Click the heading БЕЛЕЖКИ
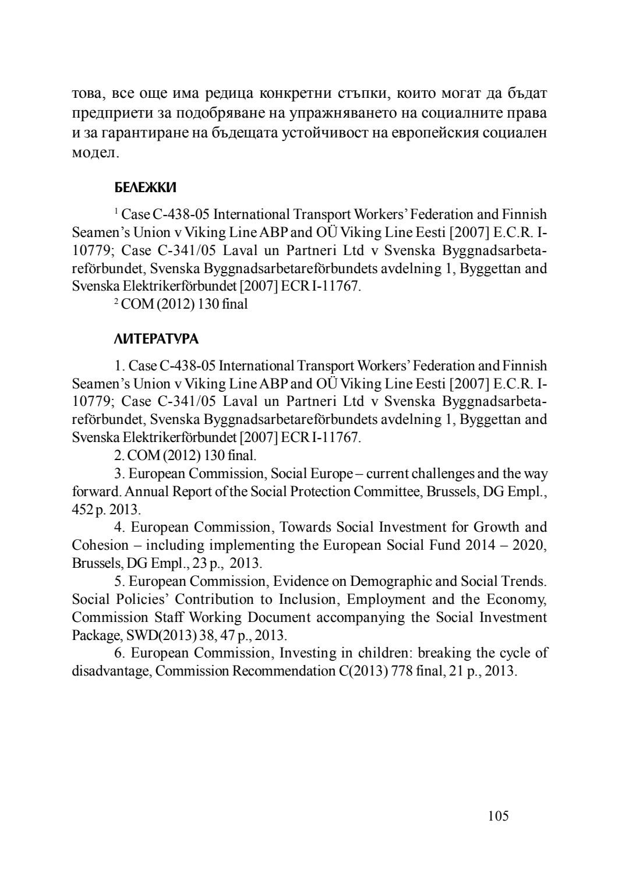[x=145, y=188]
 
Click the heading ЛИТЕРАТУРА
[x=156, y=339]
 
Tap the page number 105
[x=498, y=816]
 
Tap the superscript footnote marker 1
[x=116, y=211]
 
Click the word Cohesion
[x=100, y=546]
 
